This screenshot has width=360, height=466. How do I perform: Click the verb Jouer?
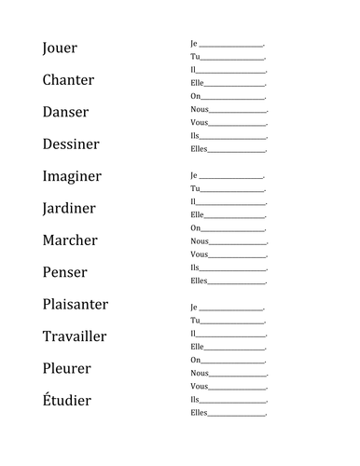point(60,48)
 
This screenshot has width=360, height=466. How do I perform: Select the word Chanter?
point(68,80)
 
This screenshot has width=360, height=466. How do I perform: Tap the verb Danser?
point(65,113)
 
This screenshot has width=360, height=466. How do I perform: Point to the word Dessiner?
point(71,144)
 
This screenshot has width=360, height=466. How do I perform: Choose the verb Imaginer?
point(72,177)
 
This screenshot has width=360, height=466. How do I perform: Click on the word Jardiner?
point(69,209)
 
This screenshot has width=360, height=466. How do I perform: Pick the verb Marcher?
point(70,240)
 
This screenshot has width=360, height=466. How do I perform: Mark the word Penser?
point(64,273)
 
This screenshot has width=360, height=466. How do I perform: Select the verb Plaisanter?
point(75,305)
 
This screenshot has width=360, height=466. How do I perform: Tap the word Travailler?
point(75,336)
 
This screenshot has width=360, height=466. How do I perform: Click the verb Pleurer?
point(67,369)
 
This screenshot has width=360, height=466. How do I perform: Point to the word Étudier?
point(67,400)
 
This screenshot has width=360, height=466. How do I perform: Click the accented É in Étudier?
point(47,399)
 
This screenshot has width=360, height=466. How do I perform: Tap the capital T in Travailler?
point(47,336)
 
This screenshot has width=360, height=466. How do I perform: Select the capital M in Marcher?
point(49,240)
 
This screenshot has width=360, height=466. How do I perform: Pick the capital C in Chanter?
point(48,80)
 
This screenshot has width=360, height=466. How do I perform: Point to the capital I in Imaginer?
point(45,176)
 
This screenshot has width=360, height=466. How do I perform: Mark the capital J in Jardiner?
point(46,209)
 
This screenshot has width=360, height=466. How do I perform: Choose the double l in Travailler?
point(90,336)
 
